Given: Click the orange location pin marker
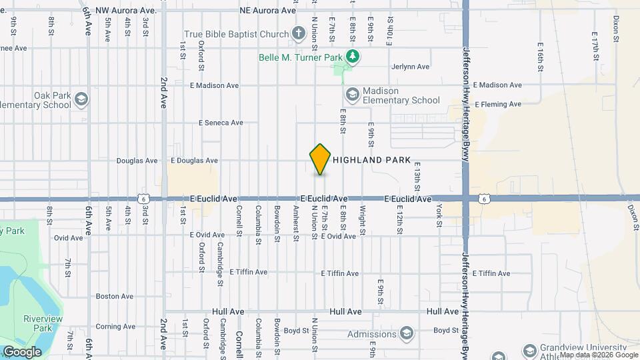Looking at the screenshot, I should click(x=321, y=159).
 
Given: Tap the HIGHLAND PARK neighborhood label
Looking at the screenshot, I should click(x=371, y=160).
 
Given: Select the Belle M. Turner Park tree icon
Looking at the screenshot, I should click(x=353, y=57).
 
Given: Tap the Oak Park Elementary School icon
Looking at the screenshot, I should click(x=82, y=99).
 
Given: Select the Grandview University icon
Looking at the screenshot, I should click(x=530, y=350).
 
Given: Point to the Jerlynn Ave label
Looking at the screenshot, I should click(x=411, y=67).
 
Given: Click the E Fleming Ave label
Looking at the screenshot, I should click(x=497, y=104).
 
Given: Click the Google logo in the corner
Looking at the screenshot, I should click(x=22, y=351).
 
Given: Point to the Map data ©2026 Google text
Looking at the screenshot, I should click(x=598, y=355).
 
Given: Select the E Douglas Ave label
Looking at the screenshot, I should click(x=195, y=161).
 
